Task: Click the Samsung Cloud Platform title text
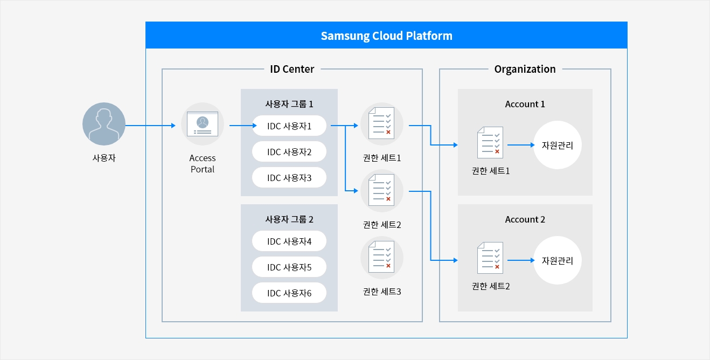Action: coord(386,36)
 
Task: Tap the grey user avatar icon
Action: coord(104,124)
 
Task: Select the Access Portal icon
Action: coord(203,124)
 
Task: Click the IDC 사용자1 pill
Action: coord(289,126)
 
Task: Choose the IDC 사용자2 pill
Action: coord(289,152)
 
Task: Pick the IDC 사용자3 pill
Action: coord(289,178)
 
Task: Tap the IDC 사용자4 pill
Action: coord(289,241)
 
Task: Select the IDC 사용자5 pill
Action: coord(289,267)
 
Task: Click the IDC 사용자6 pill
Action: coord(289,293)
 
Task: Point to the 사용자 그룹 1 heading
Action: coord(289,104)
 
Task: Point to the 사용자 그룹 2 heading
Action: coord(289,219)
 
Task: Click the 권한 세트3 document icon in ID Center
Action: coord(381,258)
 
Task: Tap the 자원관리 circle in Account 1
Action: coord(557,145)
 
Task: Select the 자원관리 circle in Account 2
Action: coord(557,260)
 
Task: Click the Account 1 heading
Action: coord(525,104)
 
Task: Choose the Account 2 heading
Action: coord(525,219)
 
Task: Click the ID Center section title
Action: coord(292,69)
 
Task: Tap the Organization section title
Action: coord(525,69)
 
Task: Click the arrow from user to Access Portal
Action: coord(150,126)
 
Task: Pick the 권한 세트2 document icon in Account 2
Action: coord(490,258)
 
